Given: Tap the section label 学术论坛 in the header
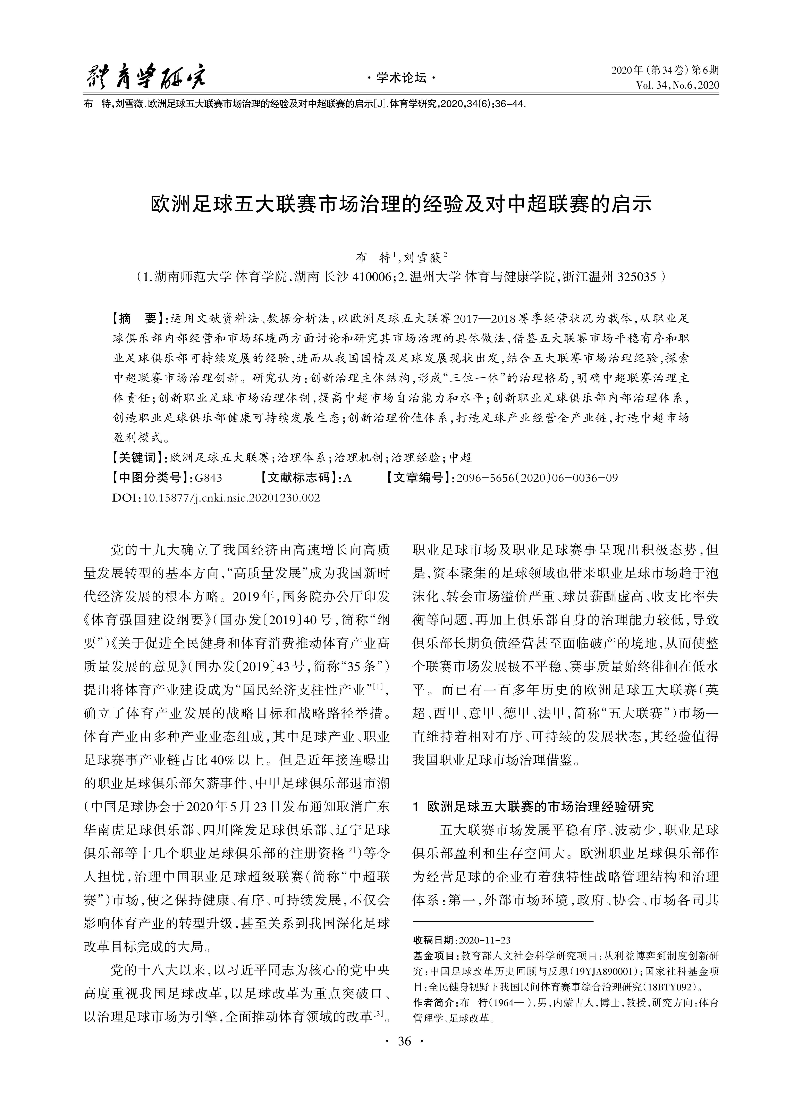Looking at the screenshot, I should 401,78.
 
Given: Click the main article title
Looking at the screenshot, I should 401,204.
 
